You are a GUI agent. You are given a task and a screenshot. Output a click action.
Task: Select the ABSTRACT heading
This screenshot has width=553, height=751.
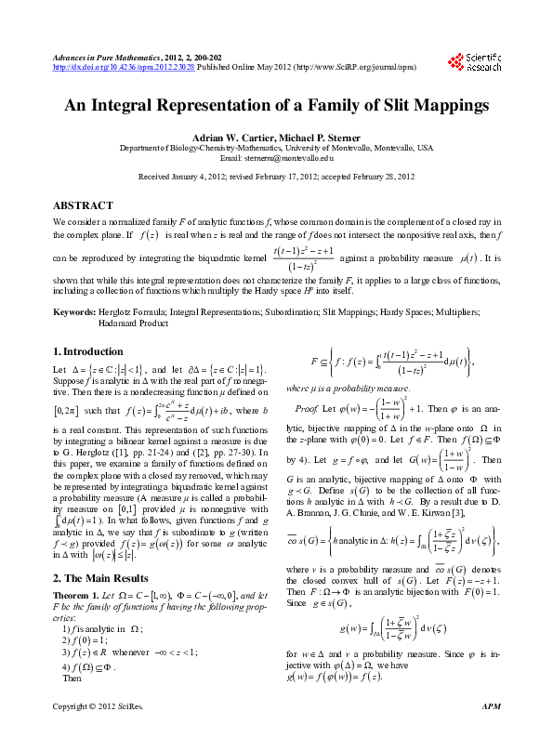84,204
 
